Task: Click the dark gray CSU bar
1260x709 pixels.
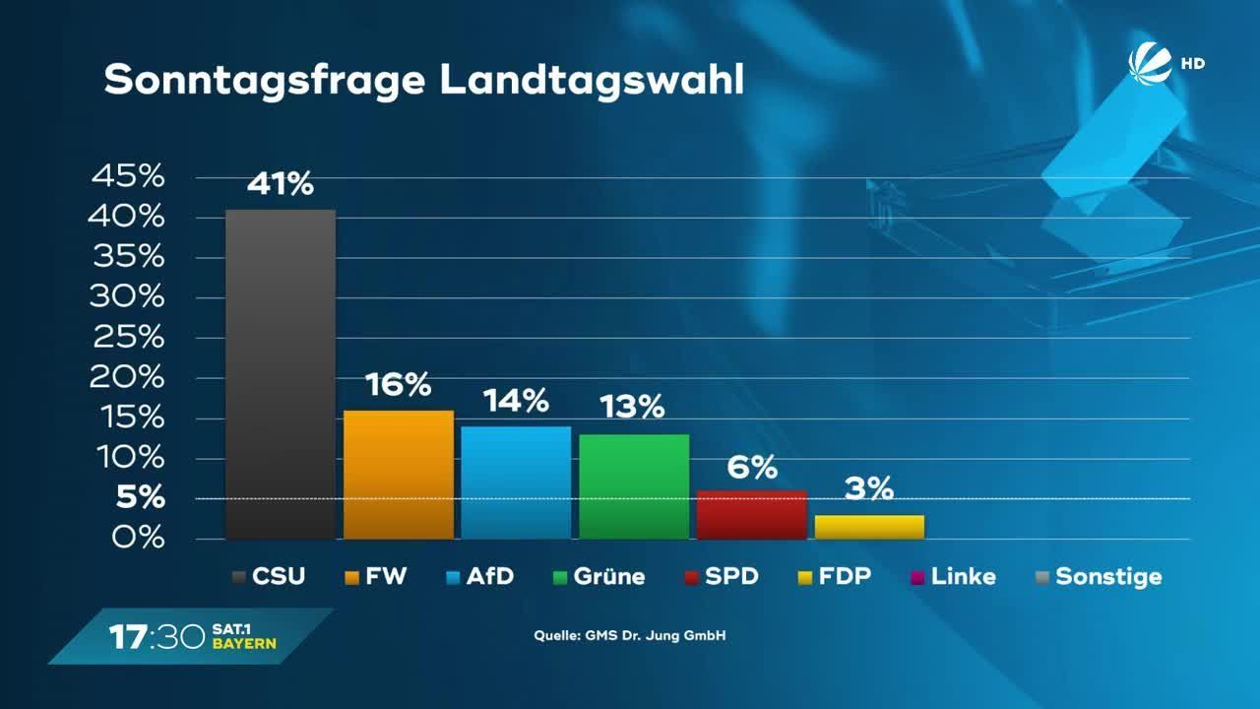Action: click(x=281, y=374)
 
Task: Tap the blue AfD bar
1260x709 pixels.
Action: click(x=516, y=483)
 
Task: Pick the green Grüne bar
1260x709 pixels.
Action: click(x=634, y=485)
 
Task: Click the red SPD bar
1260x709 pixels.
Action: click(x=752, y=514)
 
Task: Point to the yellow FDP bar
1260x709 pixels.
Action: click(x=869, y=527)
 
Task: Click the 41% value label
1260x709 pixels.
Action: click(x=281, y=184)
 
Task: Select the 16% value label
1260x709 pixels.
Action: click(x=398, y=385)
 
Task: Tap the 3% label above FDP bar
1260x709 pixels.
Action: click(x=869, y=488)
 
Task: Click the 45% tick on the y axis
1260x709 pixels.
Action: click(x=127, y=177)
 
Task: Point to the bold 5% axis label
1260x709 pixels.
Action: click(x=141, y=499)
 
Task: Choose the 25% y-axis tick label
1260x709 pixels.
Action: click(x=127, y=338)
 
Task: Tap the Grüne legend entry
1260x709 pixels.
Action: click(x=599, y=577)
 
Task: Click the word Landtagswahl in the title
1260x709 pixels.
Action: click(x=591, y=81)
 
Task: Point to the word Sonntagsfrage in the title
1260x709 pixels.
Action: click(x=266, y=81)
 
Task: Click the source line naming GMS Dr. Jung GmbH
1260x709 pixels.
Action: click(x=630, y=636)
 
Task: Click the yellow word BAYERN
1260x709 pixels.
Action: click(x=244, y=644)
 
